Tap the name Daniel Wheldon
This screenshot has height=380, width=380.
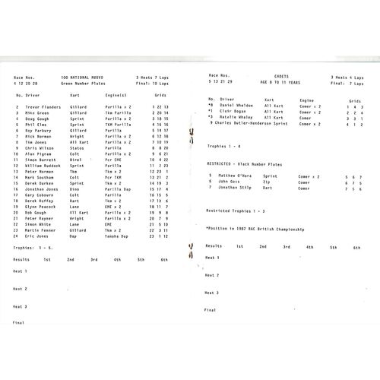tap(236, 106)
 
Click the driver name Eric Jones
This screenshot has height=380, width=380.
tap(33, 236)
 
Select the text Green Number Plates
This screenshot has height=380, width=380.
tap(85, 83)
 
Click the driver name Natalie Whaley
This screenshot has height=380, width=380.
tap(236, 117)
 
